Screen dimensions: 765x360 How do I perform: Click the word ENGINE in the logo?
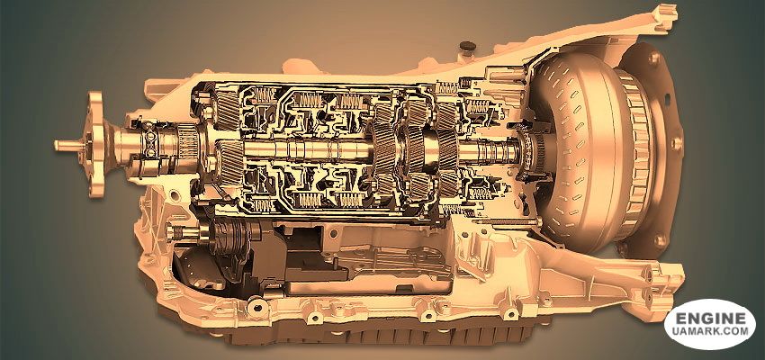(709, 319)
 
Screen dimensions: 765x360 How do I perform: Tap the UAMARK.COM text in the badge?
(709, 332)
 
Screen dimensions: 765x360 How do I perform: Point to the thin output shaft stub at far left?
(69, 145)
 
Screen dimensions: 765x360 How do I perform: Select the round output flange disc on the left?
(96, 144)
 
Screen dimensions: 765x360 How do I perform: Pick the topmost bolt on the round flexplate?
(654, 59)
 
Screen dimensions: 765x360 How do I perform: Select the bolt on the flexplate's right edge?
(676, 143)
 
